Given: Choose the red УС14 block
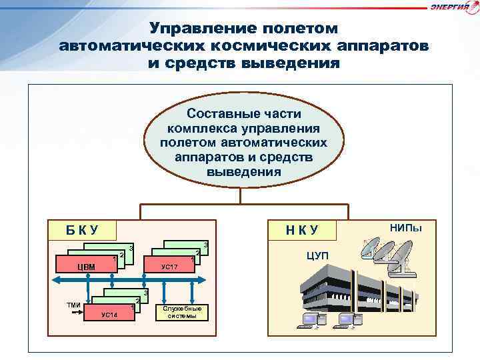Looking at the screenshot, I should (109, 315).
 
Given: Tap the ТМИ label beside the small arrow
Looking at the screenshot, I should (73, 305).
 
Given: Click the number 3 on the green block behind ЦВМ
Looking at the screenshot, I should (131, 248).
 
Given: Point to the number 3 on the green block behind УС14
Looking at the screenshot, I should (146, 294).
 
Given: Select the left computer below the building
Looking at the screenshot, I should (311, 321).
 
